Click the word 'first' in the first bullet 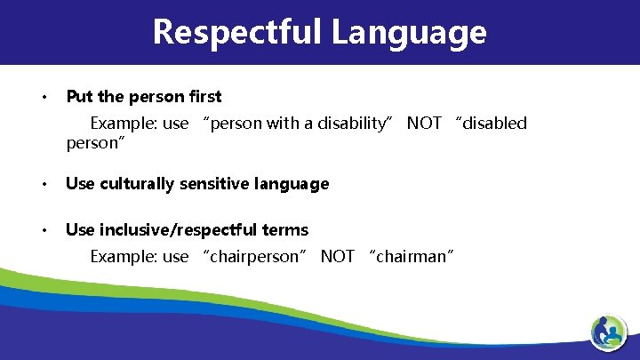[204, 96]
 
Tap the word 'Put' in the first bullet [79, 96]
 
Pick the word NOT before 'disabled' [424, 123]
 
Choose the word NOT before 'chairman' [337, 257]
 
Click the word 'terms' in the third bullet [284, 230]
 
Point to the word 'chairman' [414, 257]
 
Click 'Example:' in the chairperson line [124, 257]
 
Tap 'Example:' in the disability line [124, 123]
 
